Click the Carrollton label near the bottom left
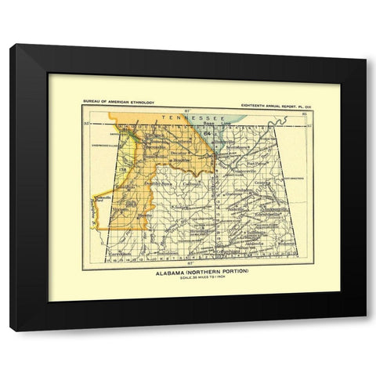tap(120, 255)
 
